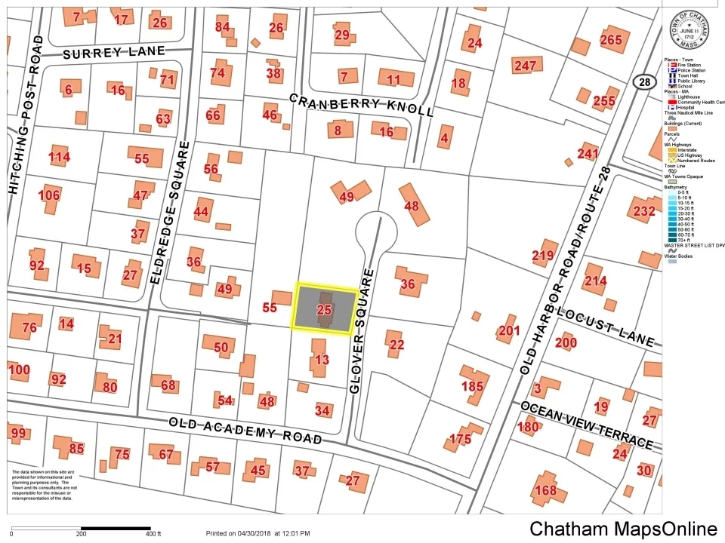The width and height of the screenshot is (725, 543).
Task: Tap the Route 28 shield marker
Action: (x=643, y=81)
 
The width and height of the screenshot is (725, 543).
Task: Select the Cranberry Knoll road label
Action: (x=361, y=105)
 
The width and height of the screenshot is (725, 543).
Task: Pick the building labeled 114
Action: (x=59, y=157)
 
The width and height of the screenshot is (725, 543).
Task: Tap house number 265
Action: (x=610, y=39)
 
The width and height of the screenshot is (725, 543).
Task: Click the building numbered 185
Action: (x=472, y=386)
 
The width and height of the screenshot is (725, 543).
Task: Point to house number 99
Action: (x=18, y=433)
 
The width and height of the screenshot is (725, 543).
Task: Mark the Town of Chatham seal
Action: (x=689, y=29)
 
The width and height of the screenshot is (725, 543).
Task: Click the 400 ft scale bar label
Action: (x=153, y=534)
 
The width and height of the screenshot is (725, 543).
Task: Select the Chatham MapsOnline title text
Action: (x=623, y=528)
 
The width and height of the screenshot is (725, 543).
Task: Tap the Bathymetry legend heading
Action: (x=678, y=187)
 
